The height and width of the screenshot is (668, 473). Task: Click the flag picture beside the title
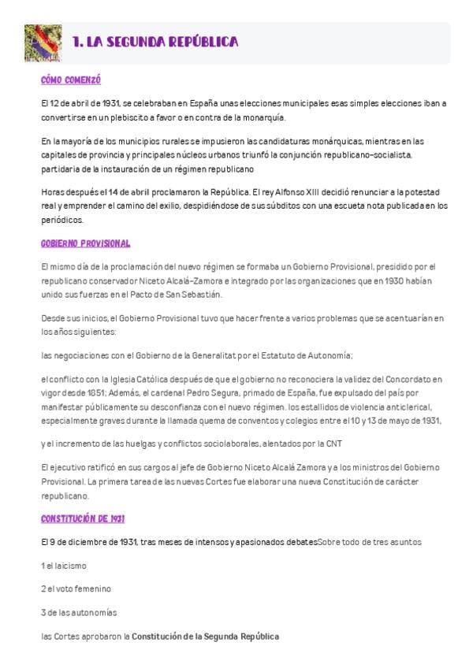[43, 43]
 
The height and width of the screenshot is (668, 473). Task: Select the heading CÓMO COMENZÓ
[71, 80]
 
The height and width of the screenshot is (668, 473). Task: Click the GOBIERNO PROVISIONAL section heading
[86, 244]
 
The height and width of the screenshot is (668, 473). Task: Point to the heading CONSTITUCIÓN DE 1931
[83, 519]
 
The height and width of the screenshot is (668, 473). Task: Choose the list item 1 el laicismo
[63, 566]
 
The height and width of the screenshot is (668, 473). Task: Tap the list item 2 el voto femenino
[76, 589]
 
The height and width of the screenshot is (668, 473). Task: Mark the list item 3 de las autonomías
[78, 612]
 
